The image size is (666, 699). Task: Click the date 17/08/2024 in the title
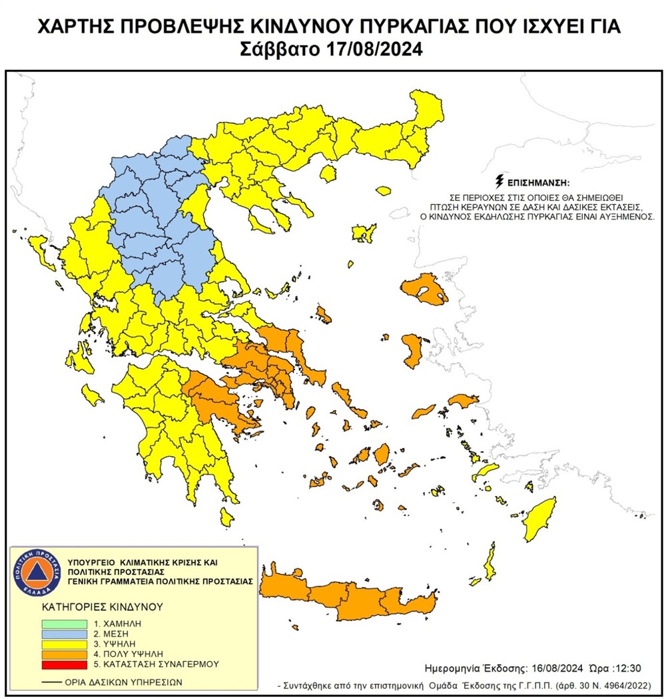click(370, 49)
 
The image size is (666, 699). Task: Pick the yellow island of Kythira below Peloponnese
click(227, 515)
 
